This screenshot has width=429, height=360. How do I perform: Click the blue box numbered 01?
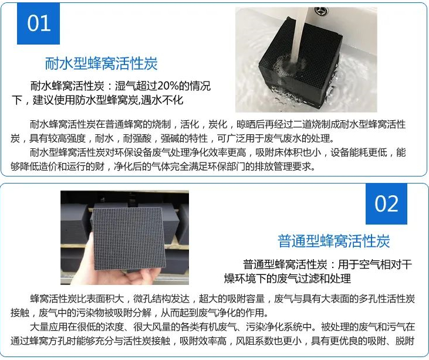pyautogui.click(x=38, y=23)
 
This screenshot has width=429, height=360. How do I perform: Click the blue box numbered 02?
pyautogui.click(x=386, y=204)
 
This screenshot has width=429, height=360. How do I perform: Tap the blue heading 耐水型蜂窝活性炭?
pyautogui.click(x=101, y=63)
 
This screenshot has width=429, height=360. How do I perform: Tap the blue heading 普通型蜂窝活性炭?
pyautogui.click(x=333, y=241)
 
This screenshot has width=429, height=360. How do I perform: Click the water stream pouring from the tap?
pyautogui.click(x=299, y=36)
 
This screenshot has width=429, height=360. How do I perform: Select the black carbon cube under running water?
pyautogui.click(x=299, y=63)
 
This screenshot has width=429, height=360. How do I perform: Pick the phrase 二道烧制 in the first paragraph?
pyautogui.click(x=312, y=125)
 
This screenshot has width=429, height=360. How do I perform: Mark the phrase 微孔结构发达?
pyautogui.click(x=161, y=298)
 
